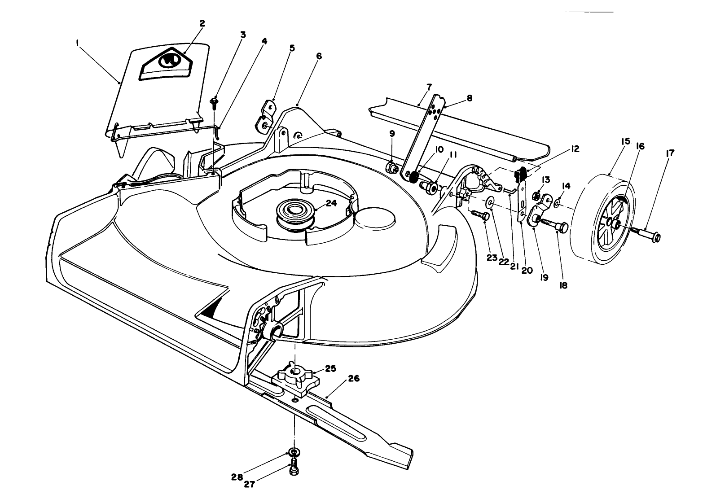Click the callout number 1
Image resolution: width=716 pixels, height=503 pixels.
pos(77,43)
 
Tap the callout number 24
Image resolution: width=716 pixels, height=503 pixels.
pos(331,203)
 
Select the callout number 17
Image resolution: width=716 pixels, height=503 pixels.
pos(670,153)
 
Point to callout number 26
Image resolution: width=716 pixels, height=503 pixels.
pos(354,379)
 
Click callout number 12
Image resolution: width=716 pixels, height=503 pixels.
pos(575,149)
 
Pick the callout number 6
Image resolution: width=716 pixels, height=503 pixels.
pos(319,56)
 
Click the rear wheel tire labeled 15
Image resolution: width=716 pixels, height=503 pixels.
pos(603,220)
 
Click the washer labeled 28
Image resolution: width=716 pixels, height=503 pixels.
pos(293,452)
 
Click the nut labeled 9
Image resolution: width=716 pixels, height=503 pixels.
pos(391,167)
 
